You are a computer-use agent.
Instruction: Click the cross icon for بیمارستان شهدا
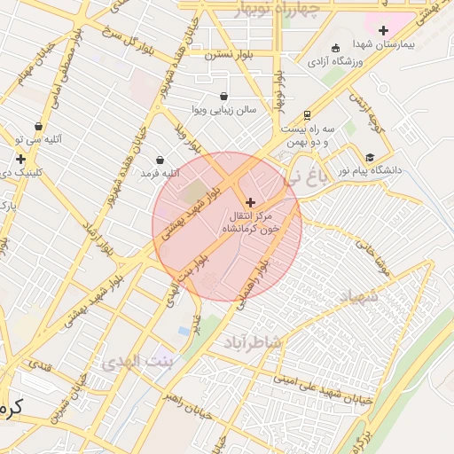(x=383, y=31)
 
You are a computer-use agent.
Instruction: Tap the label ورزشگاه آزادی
(x=361, y=61)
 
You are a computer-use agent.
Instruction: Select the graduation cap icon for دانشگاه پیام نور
(x=370, y=157)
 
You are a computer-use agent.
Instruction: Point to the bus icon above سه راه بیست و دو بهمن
(x=307, y=114)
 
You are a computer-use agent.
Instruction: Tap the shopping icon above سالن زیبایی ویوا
(x=223, y=96)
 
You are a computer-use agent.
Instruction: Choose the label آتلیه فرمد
(x=160, y=173)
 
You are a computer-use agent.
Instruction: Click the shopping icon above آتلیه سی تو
(x=38, y=127)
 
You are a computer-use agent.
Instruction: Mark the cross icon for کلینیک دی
(x=20, y=160)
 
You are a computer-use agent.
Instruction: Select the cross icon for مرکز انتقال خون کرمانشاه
(x=250, y=203)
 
